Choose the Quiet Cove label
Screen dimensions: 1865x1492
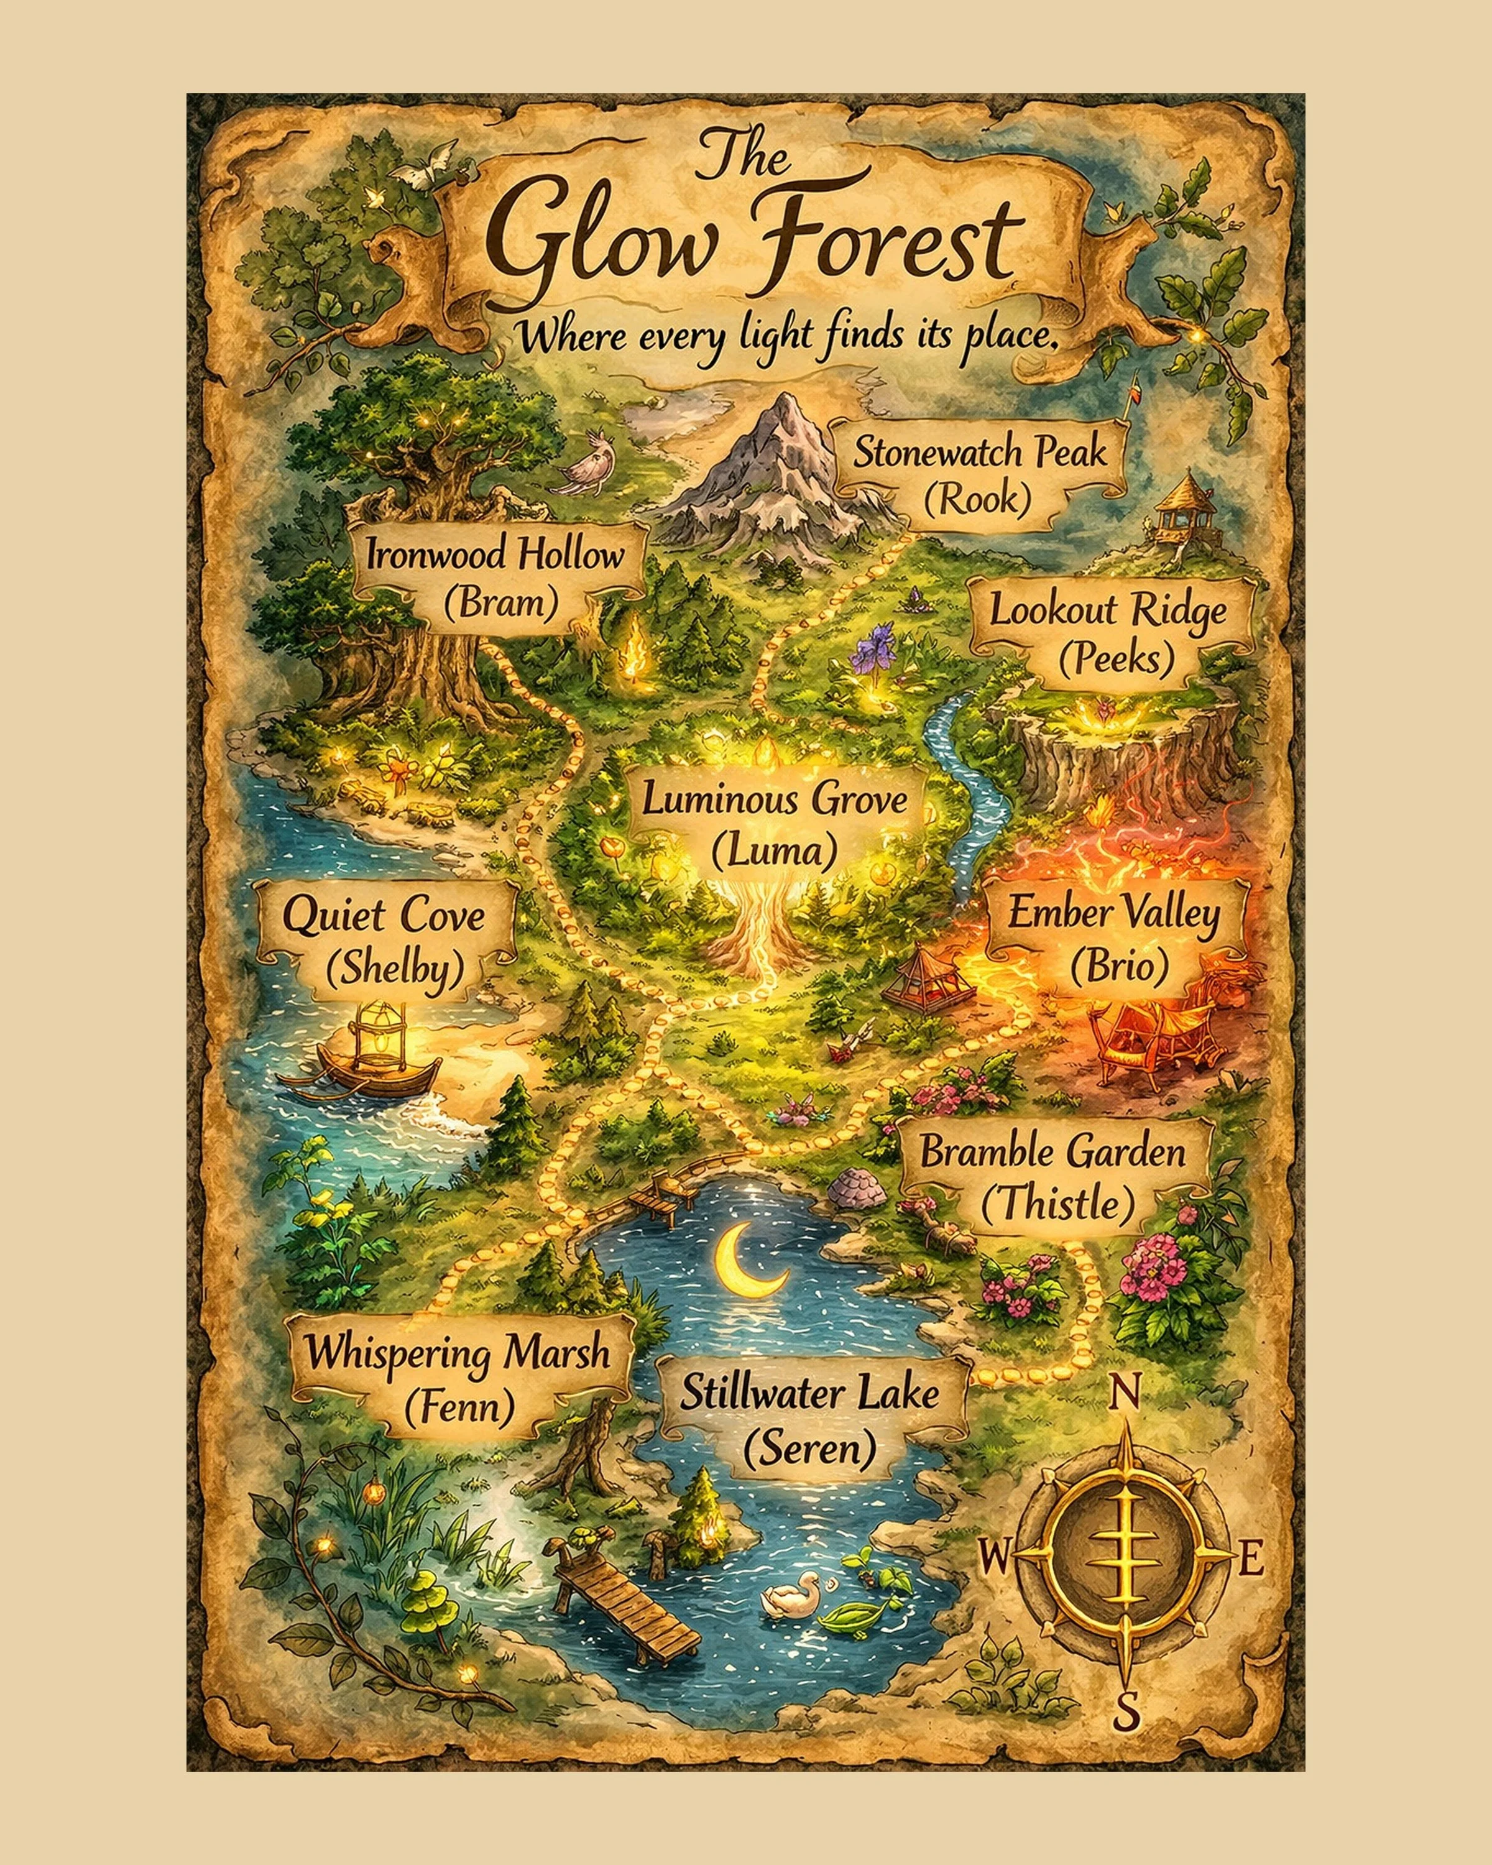point(385,941)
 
